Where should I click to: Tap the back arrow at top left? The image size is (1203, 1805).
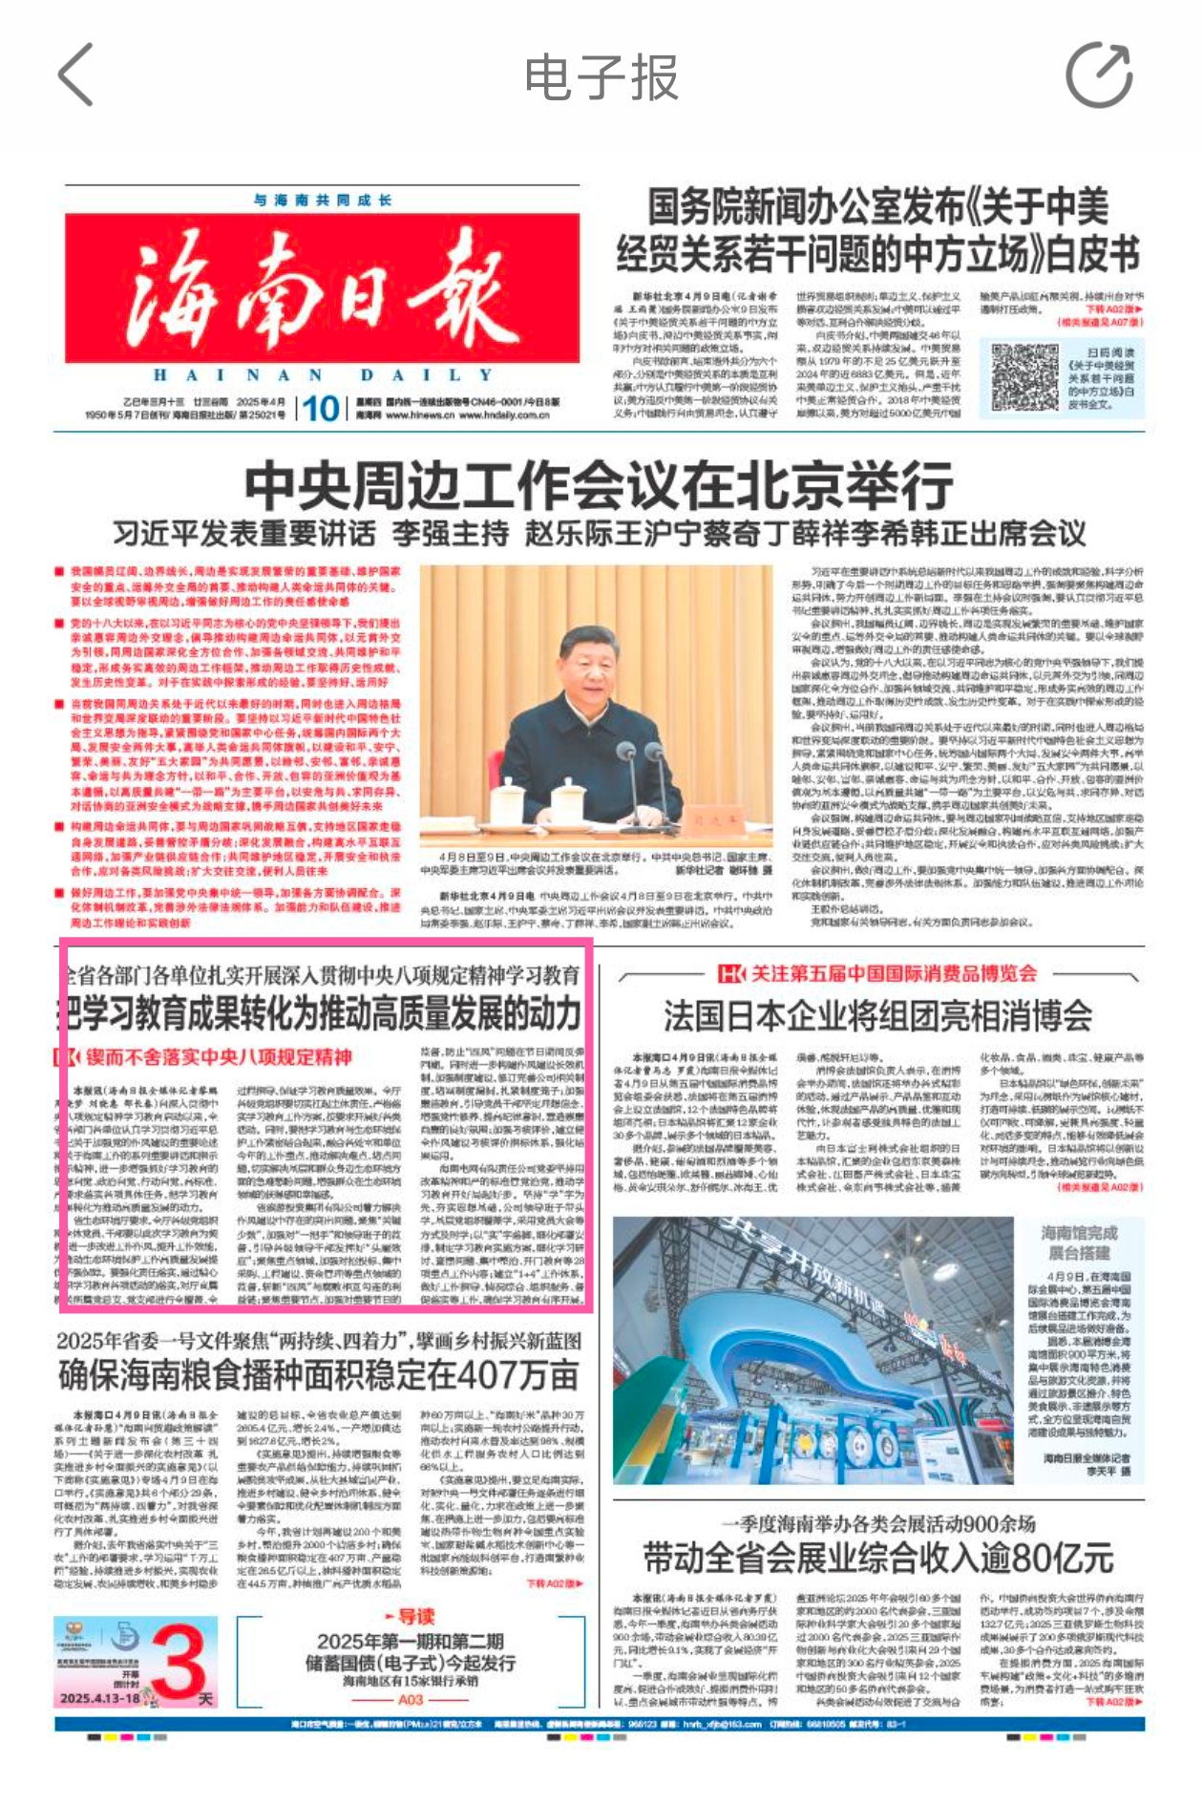(76, 74)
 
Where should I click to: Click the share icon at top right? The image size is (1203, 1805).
(1099, 74)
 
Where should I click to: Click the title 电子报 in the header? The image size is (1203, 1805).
(601, 77)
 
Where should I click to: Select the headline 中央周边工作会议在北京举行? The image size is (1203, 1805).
(599, 486)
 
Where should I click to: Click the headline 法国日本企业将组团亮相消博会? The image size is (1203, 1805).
(877, 1015)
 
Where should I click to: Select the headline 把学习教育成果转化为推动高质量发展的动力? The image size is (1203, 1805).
(321, 1012)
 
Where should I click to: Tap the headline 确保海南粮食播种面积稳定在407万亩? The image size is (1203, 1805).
(319, 1375)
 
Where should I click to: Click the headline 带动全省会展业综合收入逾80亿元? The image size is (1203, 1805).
(877, 1558)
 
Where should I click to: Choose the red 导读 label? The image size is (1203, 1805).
(411, 1616)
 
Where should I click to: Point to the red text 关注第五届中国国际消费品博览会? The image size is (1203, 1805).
(893, 973)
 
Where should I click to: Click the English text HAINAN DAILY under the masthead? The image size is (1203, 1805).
(322, 375)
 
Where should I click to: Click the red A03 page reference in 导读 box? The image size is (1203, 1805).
(411, 1700)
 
